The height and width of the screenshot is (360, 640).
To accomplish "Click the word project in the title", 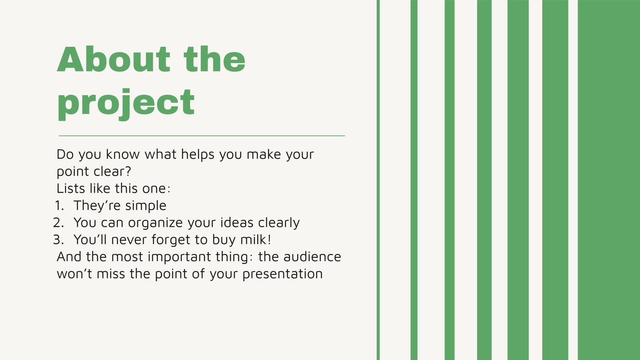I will [x=126, y=103].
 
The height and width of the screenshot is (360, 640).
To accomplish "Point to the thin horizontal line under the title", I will [x=202, y=136].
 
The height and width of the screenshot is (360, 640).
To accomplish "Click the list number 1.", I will [x=59, y=206].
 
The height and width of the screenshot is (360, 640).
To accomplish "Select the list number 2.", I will [x=58, y=223].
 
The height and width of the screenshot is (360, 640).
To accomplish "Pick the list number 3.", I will [x=58, y=240].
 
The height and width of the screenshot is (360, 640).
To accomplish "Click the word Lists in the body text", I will [x=71, y=188].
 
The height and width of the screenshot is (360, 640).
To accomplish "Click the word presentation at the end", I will [x=282, y=274].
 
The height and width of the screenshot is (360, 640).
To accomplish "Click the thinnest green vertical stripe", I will [x=378, y=180].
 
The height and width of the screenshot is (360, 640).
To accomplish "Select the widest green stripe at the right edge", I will [x=608, y=180].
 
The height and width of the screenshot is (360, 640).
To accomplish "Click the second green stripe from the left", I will [x=414, y=180].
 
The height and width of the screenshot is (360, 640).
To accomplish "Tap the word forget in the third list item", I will [x=171, y=240].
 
